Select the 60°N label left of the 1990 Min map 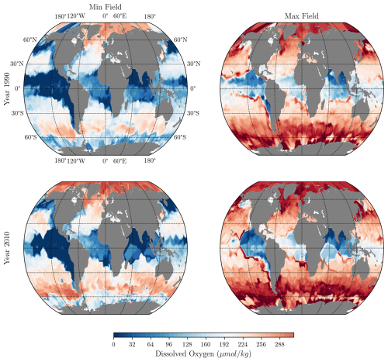(x=30, y=40)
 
